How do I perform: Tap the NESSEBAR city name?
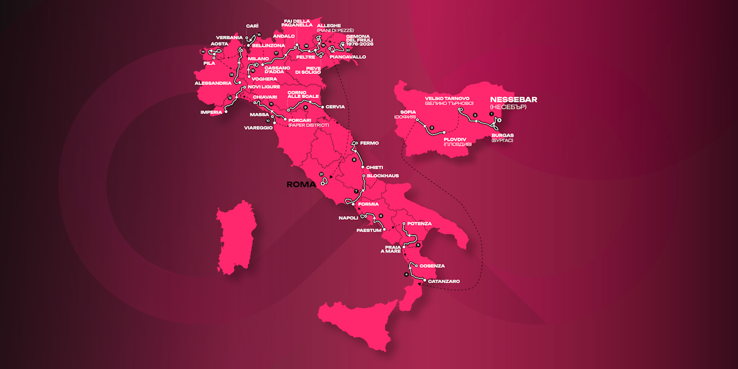(513, 99)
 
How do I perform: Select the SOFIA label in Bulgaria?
(407, 111)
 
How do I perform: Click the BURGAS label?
(502, 135)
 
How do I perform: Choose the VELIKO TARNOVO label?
(447, 98)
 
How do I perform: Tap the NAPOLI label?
(348, 218)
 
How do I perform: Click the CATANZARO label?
(444, 281)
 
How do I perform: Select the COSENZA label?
(432, 266)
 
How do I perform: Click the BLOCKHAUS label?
(383, 176)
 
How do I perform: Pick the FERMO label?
(369, 143)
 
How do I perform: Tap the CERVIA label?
(334, 107)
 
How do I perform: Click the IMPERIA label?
(211, 112)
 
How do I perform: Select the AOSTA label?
(219, 43)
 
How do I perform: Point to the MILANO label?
(259, 59)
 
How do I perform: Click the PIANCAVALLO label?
(348, 57)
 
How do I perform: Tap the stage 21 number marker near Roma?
(321, 175)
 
